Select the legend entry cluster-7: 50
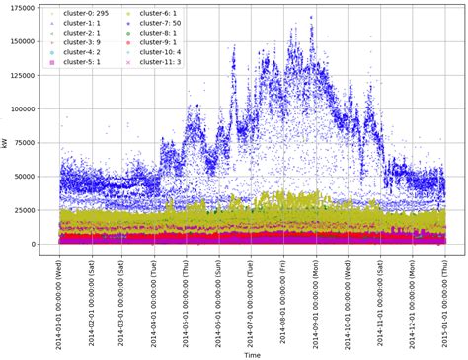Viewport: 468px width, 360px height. (x=160, y=22)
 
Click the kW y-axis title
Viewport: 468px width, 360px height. (x=6, y=143)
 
